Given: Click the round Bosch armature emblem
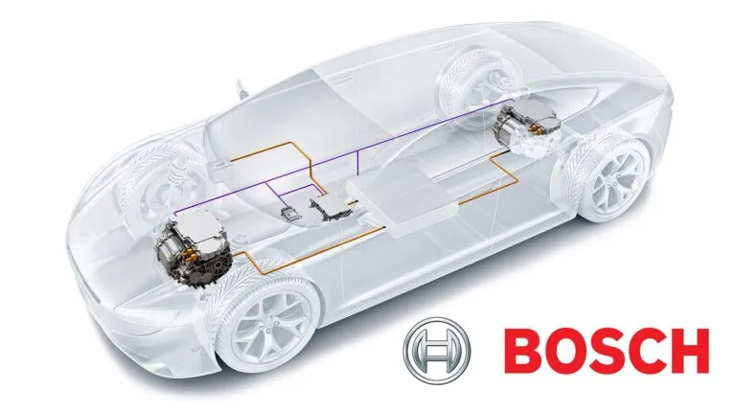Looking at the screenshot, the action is click(437, 349).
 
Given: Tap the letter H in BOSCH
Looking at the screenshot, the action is click(690, 351).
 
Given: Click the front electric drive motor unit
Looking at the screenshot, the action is click(193, 244).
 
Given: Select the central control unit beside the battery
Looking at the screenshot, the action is click(332, 208).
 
